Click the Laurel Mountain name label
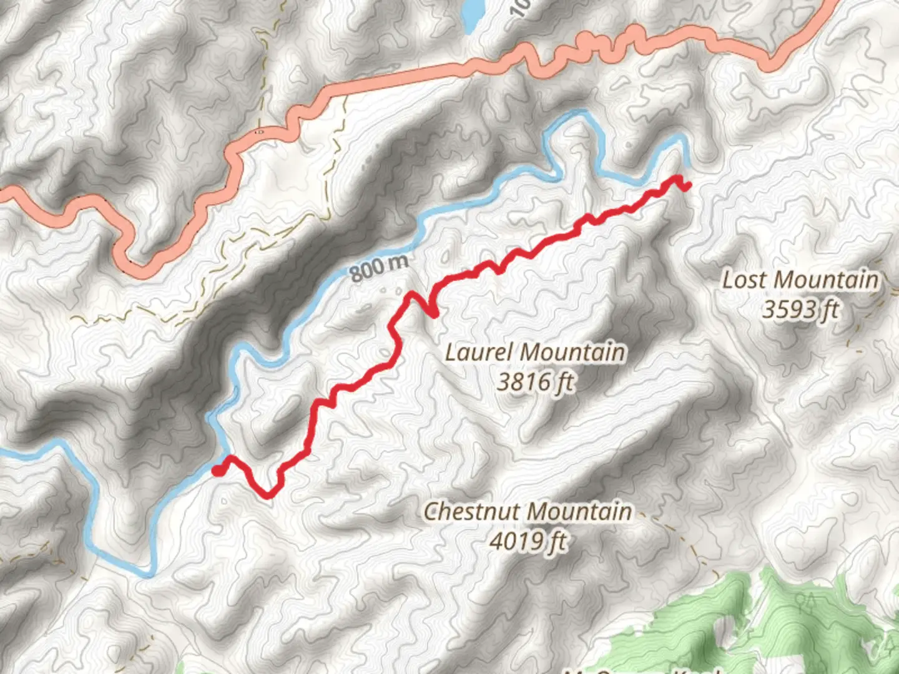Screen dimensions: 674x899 534,353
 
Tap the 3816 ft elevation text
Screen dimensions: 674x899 534,381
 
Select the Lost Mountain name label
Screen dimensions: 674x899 800,280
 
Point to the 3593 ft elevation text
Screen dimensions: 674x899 800,309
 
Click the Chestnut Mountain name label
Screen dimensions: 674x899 528,512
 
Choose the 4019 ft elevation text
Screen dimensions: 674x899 528,540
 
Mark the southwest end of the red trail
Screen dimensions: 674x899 217,471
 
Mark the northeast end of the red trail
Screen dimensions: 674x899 687,185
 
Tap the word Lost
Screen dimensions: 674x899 744,280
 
